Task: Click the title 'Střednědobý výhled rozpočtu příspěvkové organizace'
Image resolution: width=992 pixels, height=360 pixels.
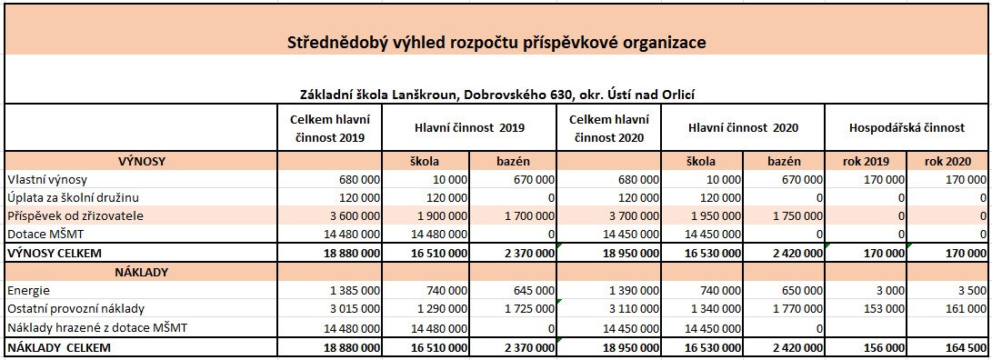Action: pyautogui.click(x=496, y=42)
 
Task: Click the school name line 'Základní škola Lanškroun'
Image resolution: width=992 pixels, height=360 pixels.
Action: pyautogui.click(x=496, y=94)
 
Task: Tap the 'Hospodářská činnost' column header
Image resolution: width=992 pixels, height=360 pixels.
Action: pyautogui.click(x=906, y=129)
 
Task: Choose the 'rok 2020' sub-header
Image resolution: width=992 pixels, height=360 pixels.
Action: pyautogui.click(x=947, y=161)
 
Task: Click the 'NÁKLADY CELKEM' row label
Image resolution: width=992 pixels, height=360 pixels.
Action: pyautogui.click(x=58, y=347)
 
